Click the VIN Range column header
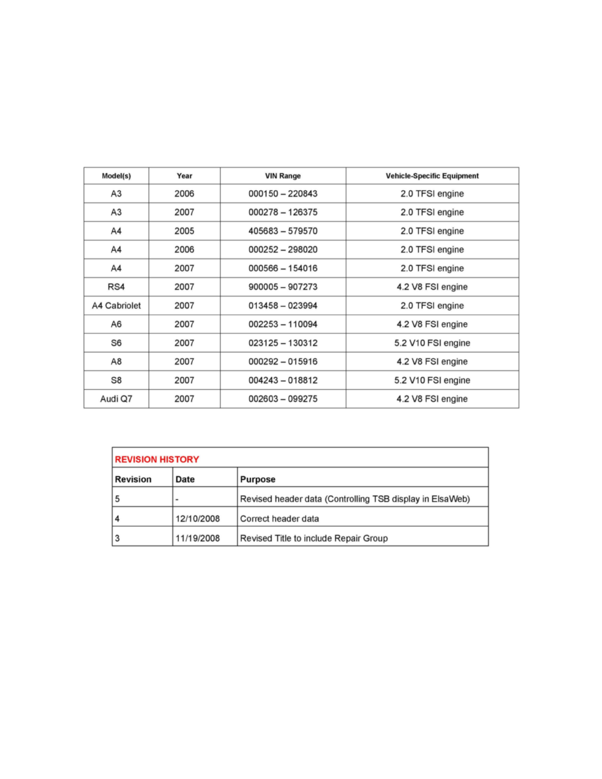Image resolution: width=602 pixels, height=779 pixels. (x=283, y=176)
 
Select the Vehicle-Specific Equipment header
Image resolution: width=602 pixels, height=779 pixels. (x=432, y=176)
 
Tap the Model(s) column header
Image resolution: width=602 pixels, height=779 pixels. (x=116, y=176)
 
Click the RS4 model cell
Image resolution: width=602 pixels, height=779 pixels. (x=116, y=287)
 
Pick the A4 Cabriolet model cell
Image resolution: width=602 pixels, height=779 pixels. (x=116, y=306)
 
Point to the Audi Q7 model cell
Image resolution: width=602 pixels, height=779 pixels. (x=116, y=399)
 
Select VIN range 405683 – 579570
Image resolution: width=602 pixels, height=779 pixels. (x=283, y=231)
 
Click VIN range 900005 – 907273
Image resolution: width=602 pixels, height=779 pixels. (x=283, y=287)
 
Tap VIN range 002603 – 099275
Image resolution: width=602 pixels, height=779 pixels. (x=283, y=399)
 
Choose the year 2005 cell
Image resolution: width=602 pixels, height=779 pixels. (x=184, y=231)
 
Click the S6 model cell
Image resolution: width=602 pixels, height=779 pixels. (x=116, y=343)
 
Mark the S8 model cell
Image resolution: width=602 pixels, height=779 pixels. (x=116, y=380)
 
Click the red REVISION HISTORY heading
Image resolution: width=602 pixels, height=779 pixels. (x=157, y=459)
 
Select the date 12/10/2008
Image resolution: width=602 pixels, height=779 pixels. (x=197, y=519)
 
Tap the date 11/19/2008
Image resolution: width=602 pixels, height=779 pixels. (x=197, y=538)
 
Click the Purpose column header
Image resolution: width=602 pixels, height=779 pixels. (x=258, y=479)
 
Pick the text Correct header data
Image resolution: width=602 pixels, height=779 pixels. (x=280, y=519)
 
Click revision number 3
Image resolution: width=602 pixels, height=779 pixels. (x=117, y=538)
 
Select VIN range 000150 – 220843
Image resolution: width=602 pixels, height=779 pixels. (x=283, y=194)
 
